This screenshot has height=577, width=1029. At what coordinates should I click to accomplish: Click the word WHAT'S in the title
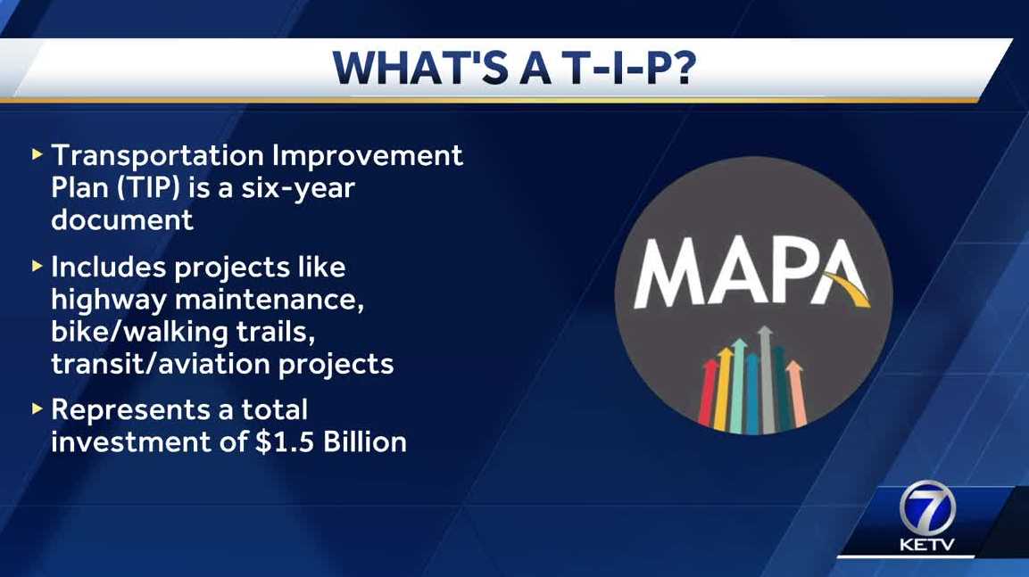point(420,68)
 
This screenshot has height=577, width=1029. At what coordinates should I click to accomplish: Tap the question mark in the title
point(683,68)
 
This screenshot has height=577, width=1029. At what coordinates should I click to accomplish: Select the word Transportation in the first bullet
point(157,157)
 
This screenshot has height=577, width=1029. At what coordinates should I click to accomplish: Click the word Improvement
point(368,157)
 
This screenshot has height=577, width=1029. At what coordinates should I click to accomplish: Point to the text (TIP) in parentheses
point(148,188)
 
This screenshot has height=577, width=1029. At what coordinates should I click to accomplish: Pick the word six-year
point(298,189)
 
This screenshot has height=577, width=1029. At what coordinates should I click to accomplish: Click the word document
point(122,219)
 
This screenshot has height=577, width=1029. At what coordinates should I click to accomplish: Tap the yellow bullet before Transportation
point(37,155)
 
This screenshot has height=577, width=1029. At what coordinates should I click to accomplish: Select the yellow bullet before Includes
point(37,267)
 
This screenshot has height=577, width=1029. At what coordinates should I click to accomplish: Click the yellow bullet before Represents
point(37,409)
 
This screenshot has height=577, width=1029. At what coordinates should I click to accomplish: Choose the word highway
point(109,301)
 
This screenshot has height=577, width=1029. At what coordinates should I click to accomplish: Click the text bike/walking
point(140,332)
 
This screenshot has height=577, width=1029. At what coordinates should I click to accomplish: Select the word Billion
point(365,442)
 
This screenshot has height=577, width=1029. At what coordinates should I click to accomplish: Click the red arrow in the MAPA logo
point(708,392)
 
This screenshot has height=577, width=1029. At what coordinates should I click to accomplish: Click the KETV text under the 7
point(926,544)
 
